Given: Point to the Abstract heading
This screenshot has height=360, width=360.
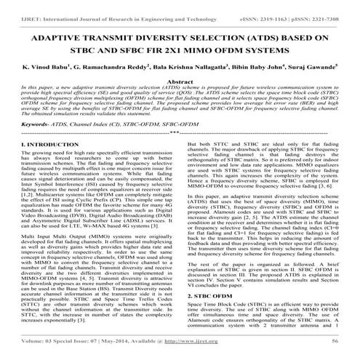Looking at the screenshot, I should coord(180,84).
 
